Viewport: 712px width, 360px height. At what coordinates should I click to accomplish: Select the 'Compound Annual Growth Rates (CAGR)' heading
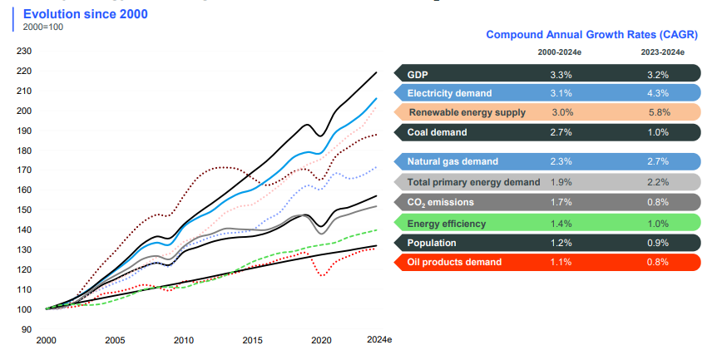[x=591, y=34]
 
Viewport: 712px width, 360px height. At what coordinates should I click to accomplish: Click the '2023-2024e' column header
[x=662, y=52]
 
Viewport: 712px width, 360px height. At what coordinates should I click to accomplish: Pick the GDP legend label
[x=418, y=74]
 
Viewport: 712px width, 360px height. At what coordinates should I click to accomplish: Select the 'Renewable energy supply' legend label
[x=467, y=112]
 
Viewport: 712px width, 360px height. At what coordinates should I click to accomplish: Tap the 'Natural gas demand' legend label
[x=452, y=161]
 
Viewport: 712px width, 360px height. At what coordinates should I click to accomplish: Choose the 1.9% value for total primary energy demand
[x=561, y=181]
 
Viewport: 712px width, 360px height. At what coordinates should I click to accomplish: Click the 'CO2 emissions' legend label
[x=442, y=201]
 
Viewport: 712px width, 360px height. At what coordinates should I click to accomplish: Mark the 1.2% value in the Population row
[x=561, y=243]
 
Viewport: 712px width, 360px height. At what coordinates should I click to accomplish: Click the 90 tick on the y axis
[x=26, y=329]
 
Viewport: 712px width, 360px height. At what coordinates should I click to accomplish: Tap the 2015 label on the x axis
[x=252, y=340]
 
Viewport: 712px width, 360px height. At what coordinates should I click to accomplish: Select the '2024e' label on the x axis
[x=378, y=340]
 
